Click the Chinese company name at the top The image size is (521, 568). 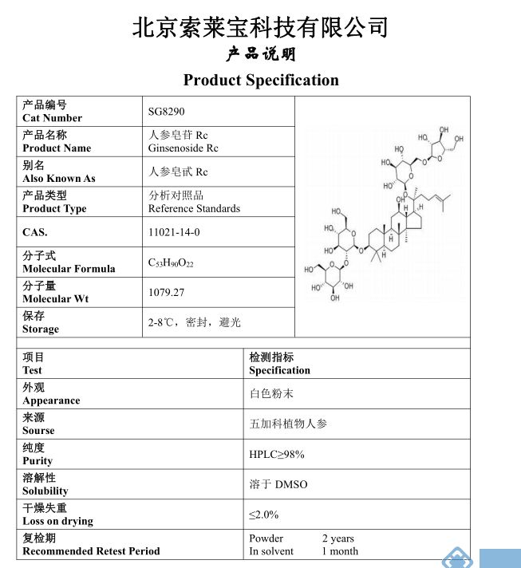click(260, 28)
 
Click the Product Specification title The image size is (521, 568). click(261, 80)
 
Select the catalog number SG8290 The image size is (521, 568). click(166, 112)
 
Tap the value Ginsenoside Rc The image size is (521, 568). click(183, 148)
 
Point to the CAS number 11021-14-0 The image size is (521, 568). click(174, 232)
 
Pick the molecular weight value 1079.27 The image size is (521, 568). click(166, 293)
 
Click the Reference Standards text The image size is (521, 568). click(194, 209)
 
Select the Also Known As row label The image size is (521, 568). click(58, 179)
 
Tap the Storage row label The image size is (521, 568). click(41, 329)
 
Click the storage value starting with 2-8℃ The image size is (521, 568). click(194, 322)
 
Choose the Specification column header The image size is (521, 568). click(279, 370)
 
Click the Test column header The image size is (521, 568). click(33, 370)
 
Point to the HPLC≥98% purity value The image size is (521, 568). click(277, 455)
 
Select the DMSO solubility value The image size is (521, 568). click(278, 485)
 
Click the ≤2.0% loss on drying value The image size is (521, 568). click(264, 515)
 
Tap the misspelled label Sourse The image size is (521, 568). click(38, 431)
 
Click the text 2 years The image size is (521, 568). click(338, 538)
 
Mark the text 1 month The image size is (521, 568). click(340, 551)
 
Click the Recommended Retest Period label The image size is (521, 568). click(91, 551)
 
